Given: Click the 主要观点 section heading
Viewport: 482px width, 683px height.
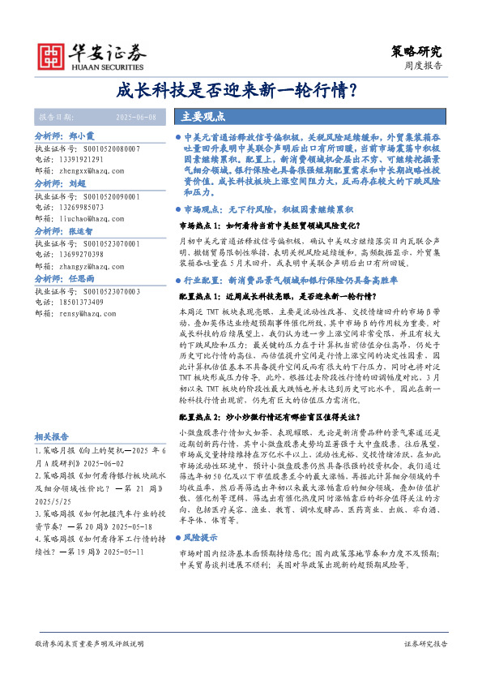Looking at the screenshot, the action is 203,116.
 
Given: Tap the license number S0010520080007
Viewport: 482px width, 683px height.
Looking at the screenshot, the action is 107,149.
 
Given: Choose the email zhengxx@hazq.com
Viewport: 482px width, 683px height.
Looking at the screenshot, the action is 92,171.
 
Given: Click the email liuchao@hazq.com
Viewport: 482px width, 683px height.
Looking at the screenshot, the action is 91,218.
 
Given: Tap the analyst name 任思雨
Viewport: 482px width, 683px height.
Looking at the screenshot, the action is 82,277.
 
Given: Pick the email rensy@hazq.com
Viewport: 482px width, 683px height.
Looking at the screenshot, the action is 87,312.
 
